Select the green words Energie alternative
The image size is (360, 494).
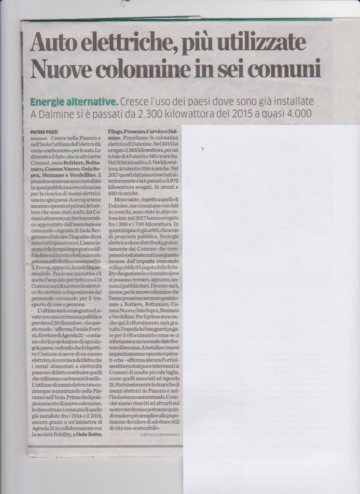pos(73,102)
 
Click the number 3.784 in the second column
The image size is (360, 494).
pos(154,163)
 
